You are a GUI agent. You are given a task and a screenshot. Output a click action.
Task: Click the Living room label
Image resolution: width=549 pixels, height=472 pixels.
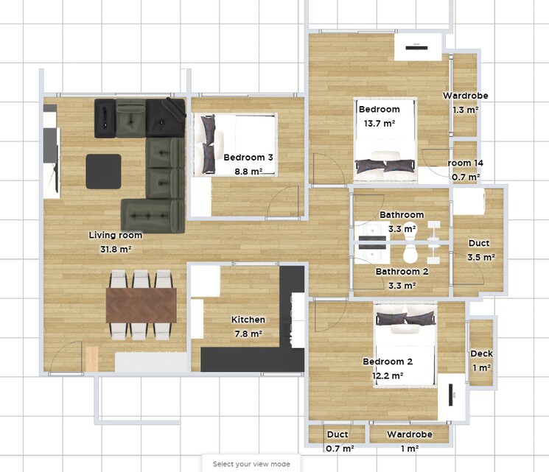pyautogui.click(x=115, y=236)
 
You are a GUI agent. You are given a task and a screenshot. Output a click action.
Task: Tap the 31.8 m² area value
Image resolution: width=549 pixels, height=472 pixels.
pyautogui.click(x=115, y=250)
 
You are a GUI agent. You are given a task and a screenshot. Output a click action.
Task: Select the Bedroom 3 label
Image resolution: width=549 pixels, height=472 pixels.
pyautogui.click(x=248, y=158)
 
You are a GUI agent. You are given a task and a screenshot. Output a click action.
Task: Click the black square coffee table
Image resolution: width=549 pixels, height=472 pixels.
pyautogui.click(x=103, y=171)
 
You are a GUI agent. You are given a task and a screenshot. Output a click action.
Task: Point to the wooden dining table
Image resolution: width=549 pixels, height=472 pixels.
pyautogui.click(x=141, y=305)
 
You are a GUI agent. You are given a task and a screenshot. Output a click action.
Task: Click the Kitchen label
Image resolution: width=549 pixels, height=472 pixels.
pyautogui.click(x=248, y=320)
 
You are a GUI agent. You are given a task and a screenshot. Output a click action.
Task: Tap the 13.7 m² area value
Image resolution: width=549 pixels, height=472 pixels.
pyautogui.click(x=379, y=124)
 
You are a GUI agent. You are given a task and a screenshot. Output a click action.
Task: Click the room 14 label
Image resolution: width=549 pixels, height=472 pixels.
pyautogui.click(x=465, y=163)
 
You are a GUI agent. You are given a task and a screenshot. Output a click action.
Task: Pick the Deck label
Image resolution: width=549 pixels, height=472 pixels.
pyautogui.click(x=481, y=354)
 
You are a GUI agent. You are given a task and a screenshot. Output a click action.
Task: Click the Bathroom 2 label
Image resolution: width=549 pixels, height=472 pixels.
pyautogui.click(x=402, y=271)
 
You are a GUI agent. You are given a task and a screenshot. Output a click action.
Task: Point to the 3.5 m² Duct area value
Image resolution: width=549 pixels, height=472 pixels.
pyautogui.click(x=480, y=258)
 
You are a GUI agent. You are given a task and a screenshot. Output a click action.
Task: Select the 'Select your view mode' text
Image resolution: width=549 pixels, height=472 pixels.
pyautogui.click(x=251, y=464)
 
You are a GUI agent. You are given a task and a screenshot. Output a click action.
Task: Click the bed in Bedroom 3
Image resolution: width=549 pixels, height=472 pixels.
pyautogui.click(x=234, y=144)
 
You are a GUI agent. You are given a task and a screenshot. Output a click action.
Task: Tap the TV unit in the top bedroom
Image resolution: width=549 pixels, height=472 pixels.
pyautogui.click(x=418, y=48)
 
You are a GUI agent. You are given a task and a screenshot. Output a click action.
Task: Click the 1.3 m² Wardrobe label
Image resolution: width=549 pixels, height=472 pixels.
pyautogui.click(x=465, y=96)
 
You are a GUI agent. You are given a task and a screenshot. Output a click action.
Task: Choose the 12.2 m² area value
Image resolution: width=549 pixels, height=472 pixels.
pyautogui.click(x=387, y=376)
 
